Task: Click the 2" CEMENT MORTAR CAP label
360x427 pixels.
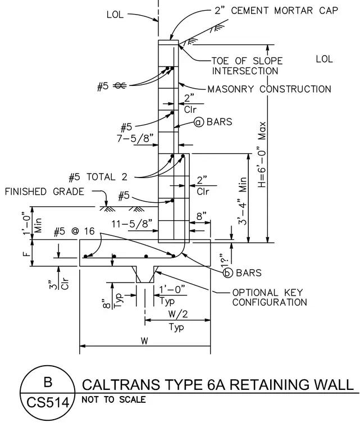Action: click(276, 10)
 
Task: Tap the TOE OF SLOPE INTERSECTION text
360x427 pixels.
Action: click(247, 66)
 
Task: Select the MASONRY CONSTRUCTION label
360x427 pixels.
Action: click(270, 89)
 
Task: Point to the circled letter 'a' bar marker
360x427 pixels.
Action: click(199, 122)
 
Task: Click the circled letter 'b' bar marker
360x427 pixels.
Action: click(228, 272)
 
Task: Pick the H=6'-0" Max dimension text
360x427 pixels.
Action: click(262, 155)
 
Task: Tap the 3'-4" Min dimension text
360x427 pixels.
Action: click(243, 201)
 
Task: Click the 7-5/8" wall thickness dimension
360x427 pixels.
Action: click(137, 138)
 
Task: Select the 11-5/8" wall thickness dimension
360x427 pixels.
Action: click(132, 224)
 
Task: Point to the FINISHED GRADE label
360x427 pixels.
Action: click(44, 192)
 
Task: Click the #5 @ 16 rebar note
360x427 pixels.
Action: click(74, 231)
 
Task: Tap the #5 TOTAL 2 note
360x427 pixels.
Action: click(98, 178)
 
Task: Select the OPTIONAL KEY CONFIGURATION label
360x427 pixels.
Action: click(270, 297)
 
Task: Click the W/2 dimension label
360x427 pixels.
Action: click(178, 314)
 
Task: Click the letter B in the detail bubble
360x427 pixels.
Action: click(48, 382)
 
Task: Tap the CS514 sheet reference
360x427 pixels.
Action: click(48, 402)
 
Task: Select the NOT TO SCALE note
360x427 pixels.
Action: click(113, 399)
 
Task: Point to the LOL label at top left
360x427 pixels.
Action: click(115, 15)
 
